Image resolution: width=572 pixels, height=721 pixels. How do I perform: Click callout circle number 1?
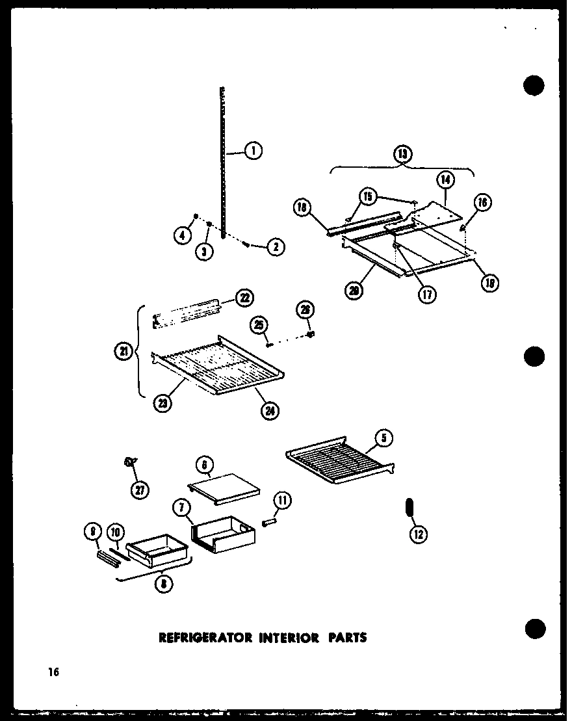253,151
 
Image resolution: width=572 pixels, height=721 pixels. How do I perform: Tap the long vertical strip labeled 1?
222,163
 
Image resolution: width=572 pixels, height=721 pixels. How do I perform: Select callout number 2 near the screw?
276,247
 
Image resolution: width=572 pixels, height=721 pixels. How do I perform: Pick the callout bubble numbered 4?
183,236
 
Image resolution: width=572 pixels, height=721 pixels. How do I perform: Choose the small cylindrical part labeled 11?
268,521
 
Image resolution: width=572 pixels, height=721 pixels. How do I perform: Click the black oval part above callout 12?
409,507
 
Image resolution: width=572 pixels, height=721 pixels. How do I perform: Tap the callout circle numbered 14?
445,180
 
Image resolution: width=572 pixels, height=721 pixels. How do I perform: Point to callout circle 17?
427,293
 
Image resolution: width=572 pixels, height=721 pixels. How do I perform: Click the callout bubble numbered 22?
244,298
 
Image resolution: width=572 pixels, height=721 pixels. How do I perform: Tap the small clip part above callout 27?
131,462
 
